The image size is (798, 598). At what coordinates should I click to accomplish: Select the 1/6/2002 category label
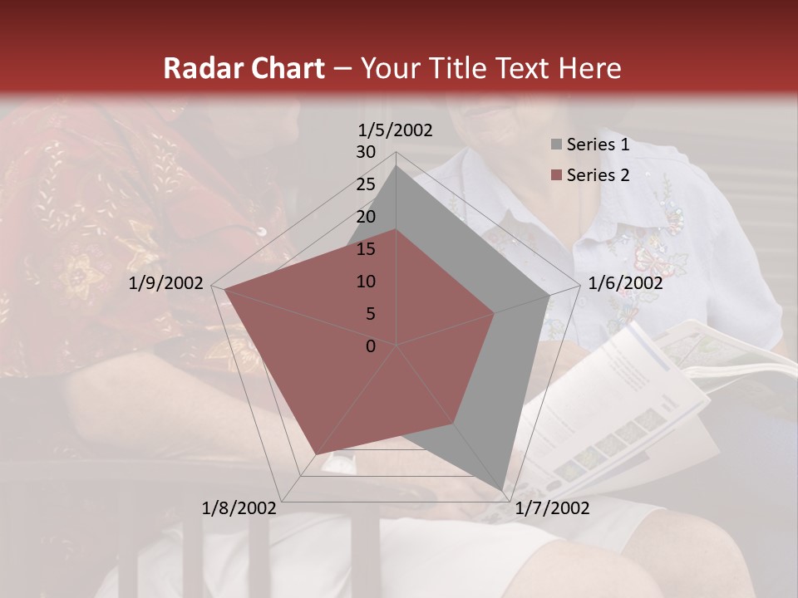pyautogui.click(x=625, y=283)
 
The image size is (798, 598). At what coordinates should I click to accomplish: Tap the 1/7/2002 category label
pyautogui.click(x=552, y=508)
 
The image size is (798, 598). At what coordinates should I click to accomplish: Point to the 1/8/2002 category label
pyautogui.click(x=239, y=508)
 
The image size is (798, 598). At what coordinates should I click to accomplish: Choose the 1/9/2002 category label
pyautogui.click(x=166, y=283)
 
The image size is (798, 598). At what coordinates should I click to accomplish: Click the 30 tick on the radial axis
pyautogui.click(x=366, y=152)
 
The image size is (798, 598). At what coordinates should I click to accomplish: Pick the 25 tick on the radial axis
pyautogui.click(x=366, y=184)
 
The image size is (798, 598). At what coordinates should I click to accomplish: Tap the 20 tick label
pyautogui.click(x=366, y=217)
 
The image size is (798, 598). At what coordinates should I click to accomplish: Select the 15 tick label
pyautogui.click(x=366, y=249)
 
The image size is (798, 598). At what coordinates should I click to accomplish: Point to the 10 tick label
pyautogui.click(x=366, y=282)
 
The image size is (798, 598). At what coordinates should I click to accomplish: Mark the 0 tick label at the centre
pyautogui.click(x=371, y=346)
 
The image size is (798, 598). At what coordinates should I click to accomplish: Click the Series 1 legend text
pyautogui.click(x=598, y=145)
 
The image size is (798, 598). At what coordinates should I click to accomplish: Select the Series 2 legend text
pyautogui.click(x=598, y=175)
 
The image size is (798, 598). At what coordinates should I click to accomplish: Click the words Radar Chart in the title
pyautogui.click(x=244, y=68)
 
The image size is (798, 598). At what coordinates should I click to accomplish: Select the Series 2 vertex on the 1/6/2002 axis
pyautogui.click(x=495, y=313)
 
